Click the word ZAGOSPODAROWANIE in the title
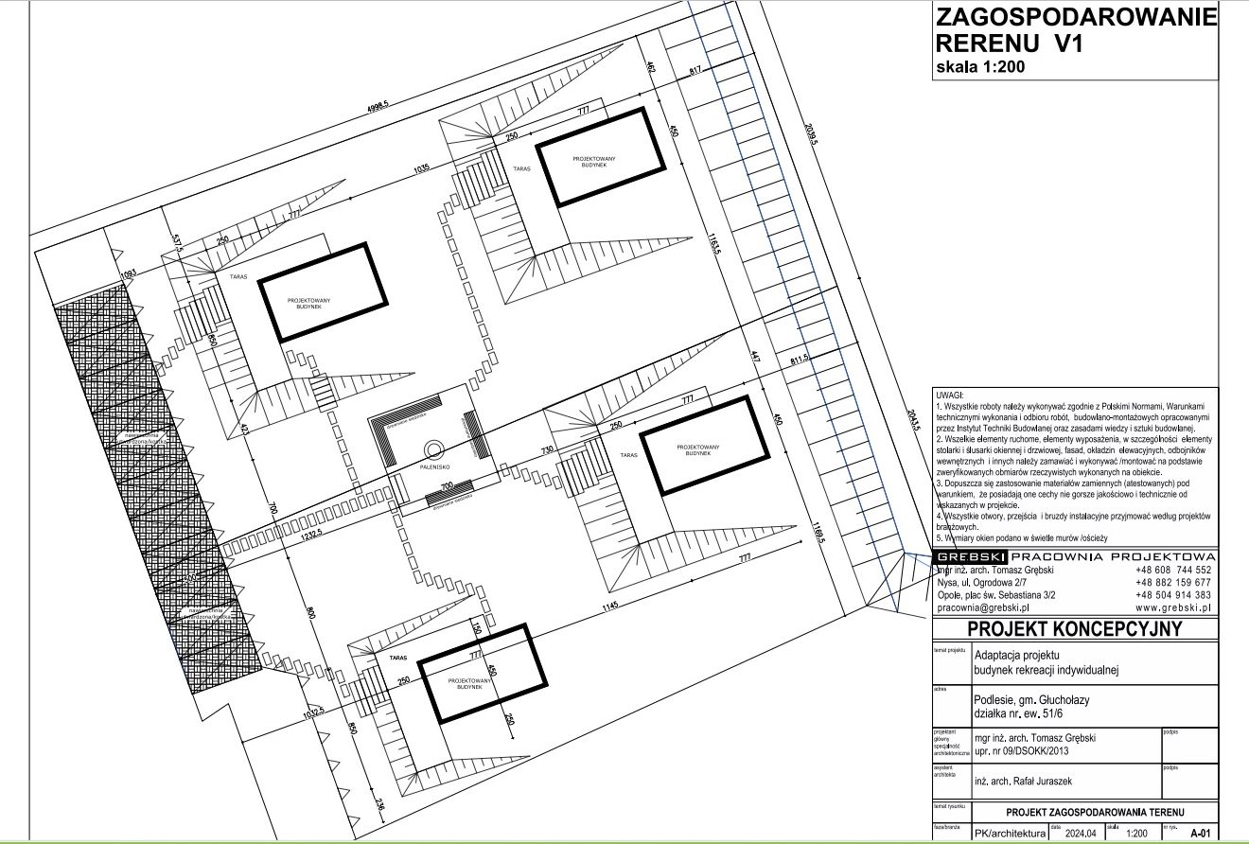(x=1075, y=19)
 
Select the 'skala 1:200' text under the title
(x=980, y=66)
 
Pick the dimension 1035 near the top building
(x=422, y=169)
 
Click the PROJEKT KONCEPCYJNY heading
(x=1074, y=630)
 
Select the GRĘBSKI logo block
(x=970, y=556)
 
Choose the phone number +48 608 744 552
(x=1172, y=571)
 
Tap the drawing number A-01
(x=1200, y=834)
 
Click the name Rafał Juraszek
(x=1022, y=782)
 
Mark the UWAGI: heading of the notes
(x=951, y=395)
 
